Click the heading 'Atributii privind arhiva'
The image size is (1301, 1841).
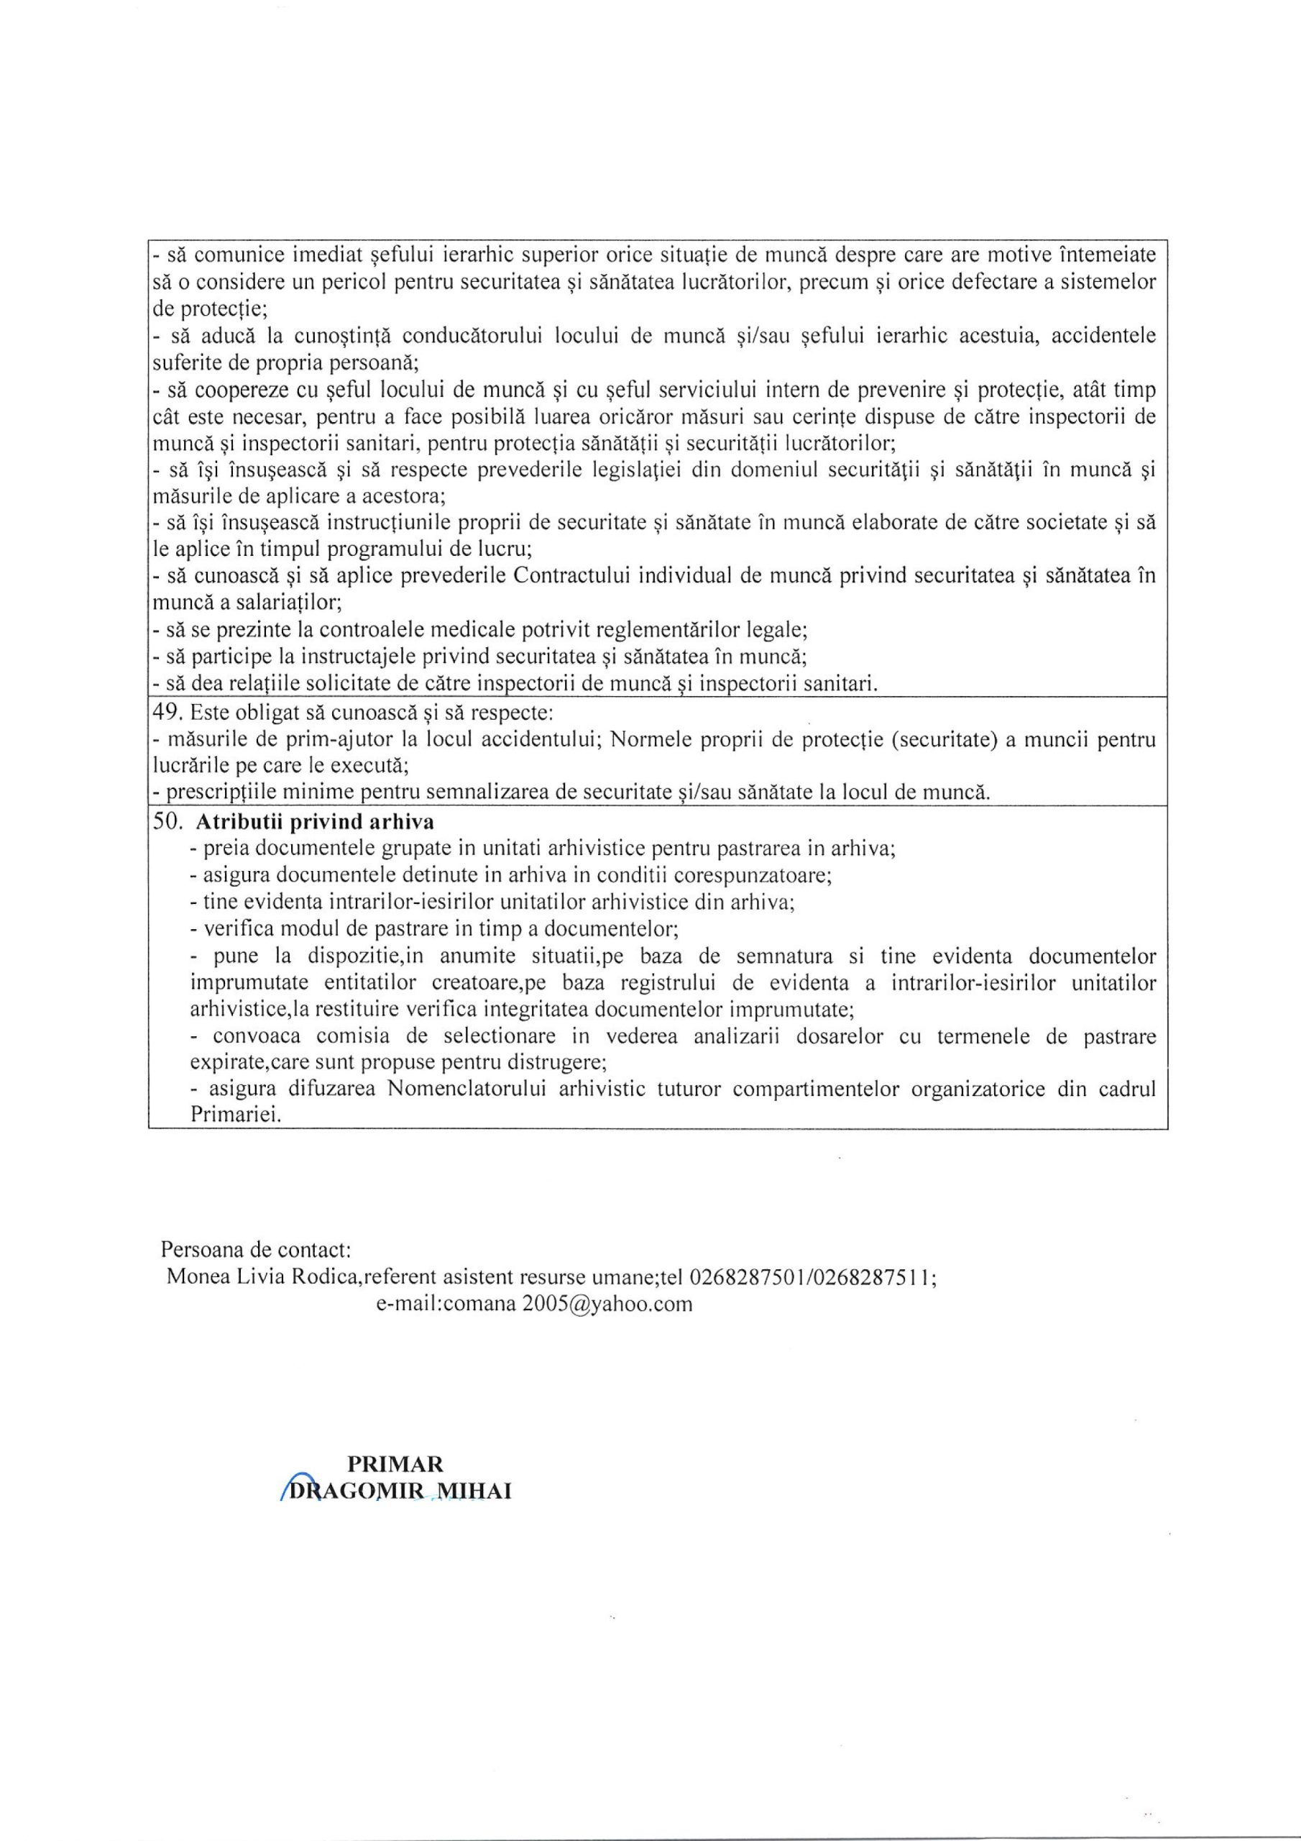[x=315, y=822]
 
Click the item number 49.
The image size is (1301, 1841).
[x=167, y=713]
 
